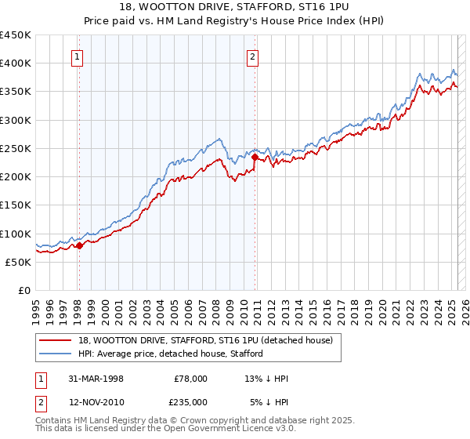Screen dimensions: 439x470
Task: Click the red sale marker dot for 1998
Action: click(x=79, y=246)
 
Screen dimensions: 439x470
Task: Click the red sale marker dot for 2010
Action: click(x=255, y=157)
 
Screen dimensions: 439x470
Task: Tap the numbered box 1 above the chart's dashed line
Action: click(x=79, y=56)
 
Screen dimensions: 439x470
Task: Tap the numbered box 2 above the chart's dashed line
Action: click(x=253, y=56)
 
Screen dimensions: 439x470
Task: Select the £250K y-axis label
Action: click(x=16, y=148)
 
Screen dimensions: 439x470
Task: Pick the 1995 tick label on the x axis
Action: click(x=36, y=305)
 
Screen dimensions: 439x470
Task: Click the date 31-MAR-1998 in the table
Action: click(x=96, y=379)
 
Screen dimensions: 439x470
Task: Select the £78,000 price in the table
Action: click(x=190, y=379)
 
